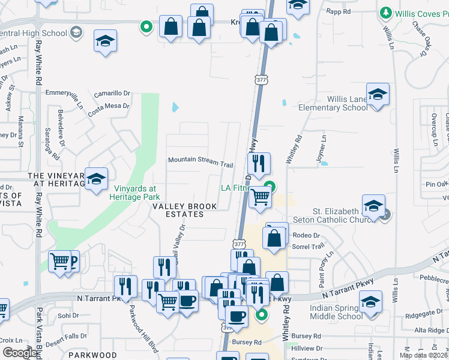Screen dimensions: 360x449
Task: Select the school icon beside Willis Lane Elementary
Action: [x=378, y=95]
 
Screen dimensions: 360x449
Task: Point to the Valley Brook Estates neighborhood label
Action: [x=185, y=210]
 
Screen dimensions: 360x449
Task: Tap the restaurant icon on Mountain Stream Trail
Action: [x=259, y=163]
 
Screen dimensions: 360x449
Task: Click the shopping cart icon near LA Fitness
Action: [x=259, y=196]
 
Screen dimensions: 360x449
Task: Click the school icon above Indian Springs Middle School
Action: [x=370, y=301]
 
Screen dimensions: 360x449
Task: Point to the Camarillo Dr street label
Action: [x=112, y=93]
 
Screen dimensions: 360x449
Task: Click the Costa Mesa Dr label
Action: [x=109, y=106]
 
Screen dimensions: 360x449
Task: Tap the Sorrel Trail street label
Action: [x=307, y=246]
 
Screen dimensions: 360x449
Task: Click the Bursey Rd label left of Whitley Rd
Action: [x=249, y=342]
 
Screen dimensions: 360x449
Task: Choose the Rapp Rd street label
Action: [x=339, y=11]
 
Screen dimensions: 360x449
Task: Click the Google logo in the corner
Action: [x=20, y=353]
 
